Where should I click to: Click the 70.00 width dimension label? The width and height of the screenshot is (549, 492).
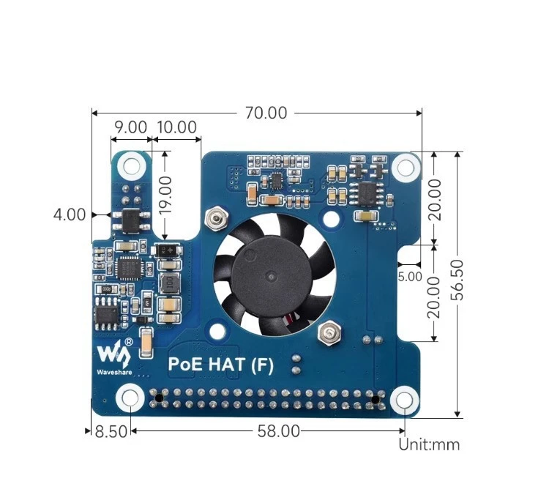266,113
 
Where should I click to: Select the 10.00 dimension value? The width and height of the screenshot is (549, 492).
177,127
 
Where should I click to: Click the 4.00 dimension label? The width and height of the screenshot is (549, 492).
70,215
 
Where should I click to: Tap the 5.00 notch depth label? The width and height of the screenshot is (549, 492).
410,277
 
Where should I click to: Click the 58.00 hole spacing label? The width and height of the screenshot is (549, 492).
278,431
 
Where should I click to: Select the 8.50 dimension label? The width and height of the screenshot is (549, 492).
111,431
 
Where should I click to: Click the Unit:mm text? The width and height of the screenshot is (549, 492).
429,444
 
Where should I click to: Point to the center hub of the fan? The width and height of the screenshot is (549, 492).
273,276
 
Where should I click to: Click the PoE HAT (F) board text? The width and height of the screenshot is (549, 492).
221,365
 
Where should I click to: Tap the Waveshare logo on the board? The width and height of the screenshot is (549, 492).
115,356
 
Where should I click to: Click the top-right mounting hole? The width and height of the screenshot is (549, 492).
403,168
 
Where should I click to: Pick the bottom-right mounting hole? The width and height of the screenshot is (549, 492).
403,400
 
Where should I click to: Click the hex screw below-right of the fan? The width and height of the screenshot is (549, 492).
327,334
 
